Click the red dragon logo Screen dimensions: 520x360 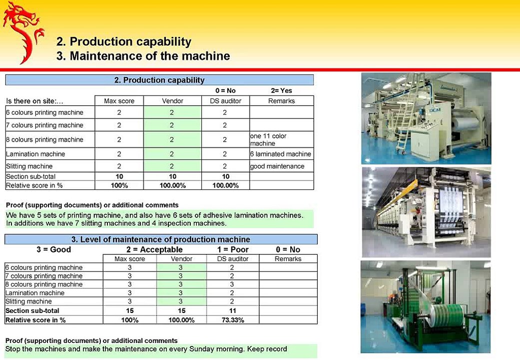tap(23, 31)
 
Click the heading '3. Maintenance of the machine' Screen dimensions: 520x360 tap(143, 56)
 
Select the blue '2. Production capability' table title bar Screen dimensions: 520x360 tap(159, 80)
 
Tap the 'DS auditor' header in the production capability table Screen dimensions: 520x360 tap(225, 101)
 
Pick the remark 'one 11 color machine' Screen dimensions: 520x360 tap(268, 139)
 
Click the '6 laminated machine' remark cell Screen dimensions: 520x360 tap(281, 154)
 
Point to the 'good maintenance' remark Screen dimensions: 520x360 tap(277, 166)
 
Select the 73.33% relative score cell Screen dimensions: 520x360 tap(232, 320)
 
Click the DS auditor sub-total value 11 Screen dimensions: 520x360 tap(232, 311)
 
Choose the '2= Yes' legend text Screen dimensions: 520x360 tap(281, 90)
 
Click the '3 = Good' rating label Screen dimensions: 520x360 tap(54, 249)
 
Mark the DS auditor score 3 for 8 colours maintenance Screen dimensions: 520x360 tap(232, 284)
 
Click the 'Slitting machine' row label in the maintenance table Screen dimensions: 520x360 tap(28, 301)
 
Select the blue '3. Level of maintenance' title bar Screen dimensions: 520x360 tap(161, 239)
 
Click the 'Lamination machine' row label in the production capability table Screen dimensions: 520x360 tap(35, 154)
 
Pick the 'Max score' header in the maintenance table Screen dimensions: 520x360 tap(130, 259)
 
